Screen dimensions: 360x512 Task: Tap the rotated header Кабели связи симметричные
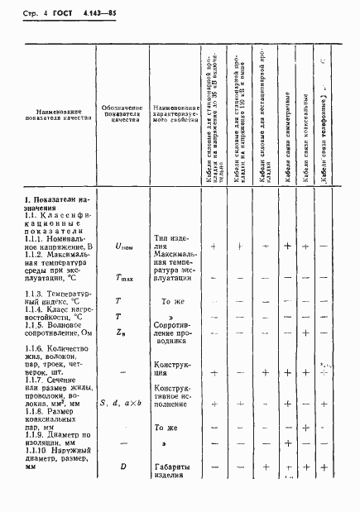click(x=286, y=153)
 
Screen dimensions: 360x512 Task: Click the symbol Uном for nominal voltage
click(x=122, y=246)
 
